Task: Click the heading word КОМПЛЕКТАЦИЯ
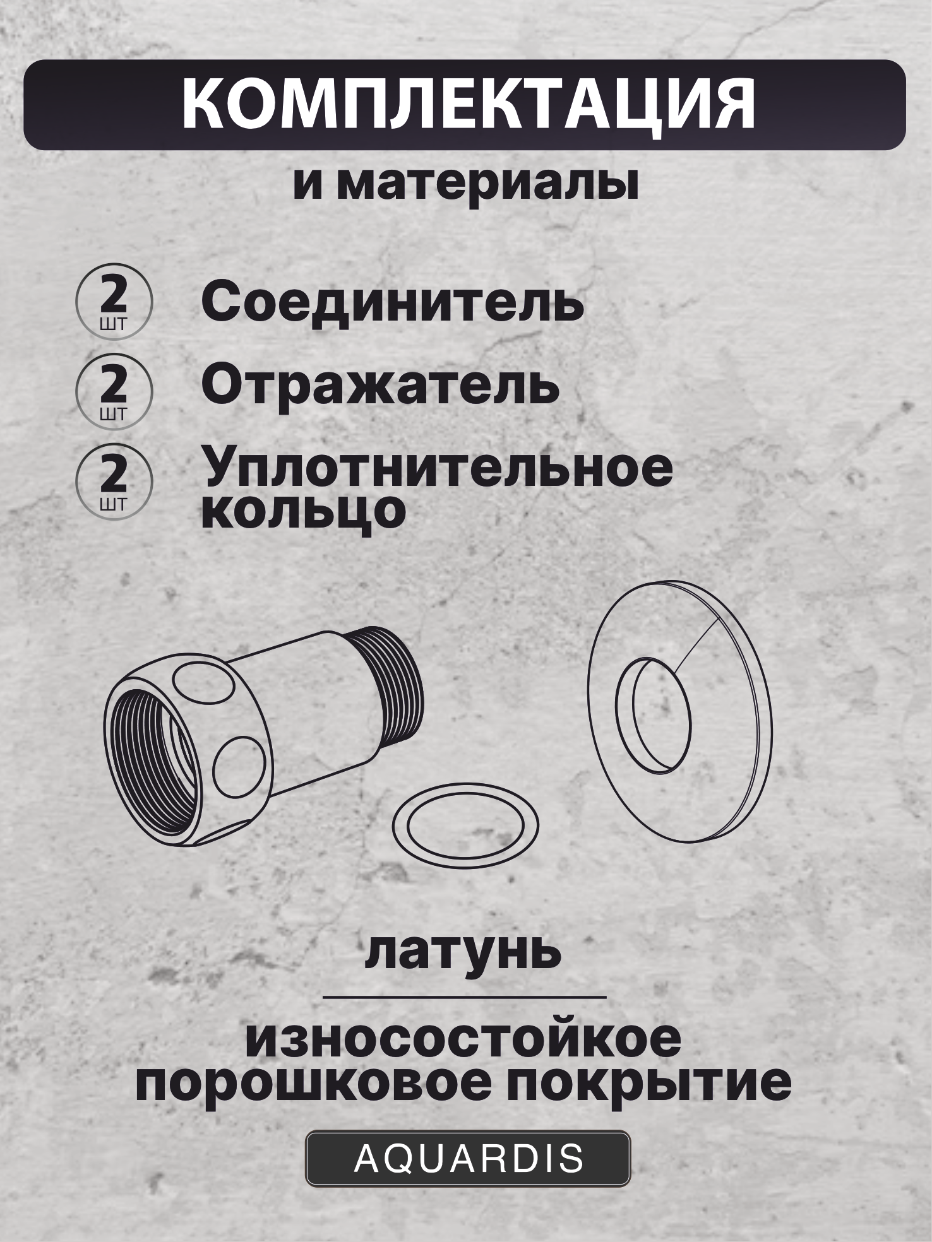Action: tap(468, 105)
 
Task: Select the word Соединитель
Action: tap(392, 304)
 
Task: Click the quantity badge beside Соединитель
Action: tap(114, 301)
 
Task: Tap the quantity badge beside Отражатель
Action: tap(114, 391)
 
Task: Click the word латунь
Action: tap(463, 952)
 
